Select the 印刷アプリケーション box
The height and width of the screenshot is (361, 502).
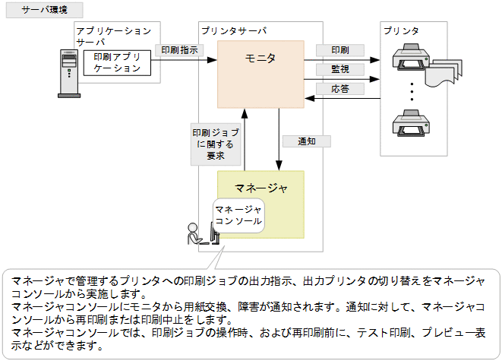(x=117, y=62)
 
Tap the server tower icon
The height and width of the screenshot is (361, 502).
(x=69, y=74)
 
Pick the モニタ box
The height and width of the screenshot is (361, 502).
(x=260, y=74)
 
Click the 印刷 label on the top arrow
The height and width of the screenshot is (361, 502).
(x=340, y=49)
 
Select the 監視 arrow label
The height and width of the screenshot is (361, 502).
(x=340, y=69)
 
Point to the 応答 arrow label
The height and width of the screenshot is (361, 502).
(x=340, y=88)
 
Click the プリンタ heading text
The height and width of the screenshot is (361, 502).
(x=401, y=31)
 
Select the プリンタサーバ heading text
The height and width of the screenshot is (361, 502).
(x=234, y=31)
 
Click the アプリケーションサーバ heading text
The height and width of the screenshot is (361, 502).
(x=113, y=36)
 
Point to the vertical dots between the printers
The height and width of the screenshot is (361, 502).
(x=412, y=92)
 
